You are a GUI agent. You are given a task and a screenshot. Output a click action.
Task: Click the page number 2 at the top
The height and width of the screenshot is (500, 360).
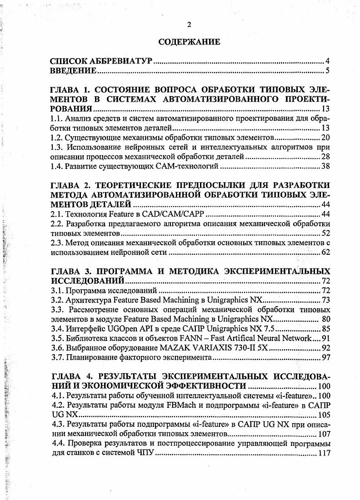(x=189, y=25)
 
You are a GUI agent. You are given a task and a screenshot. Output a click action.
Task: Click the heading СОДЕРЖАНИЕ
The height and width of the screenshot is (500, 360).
(x=189, y=42)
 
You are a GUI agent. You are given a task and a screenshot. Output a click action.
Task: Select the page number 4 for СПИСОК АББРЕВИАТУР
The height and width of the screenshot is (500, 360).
(x=327, y=61)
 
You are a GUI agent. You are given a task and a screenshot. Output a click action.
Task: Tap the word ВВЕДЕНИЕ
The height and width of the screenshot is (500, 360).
(x=73, y=71)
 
